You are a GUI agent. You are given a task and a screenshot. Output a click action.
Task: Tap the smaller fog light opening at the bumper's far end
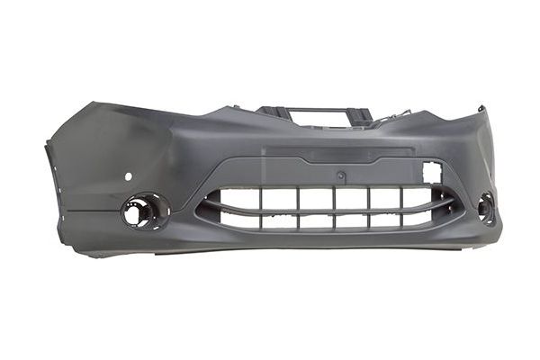(x=486, y=208)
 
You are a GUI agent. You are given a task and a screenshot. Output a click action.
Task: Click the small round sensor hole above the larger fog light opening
(x=128, y=175)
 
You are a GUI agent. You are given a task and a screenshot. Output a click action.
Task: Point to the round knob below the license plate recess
(x=341, y=175)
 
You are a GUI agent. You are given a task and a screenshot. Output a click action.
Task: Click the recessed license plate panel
(x=342, y=154)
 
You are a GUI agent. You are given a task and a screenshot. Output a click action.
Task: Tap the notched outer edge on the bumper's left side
(x=49, y=162)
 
